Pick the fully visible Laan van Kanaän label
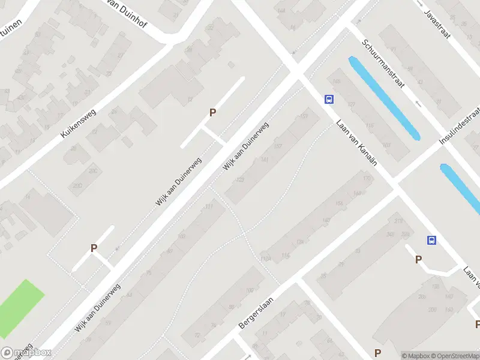(356, 143)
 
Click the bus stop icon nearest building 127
(329, 99)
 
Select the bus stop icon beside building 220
(431, 241)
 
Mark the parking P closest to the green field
(94, 248)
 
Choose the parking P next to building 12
(212, 112)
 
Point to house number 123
(241, 179)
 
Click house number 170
(367, 179)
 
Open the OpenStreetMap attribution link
(458, 355)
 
